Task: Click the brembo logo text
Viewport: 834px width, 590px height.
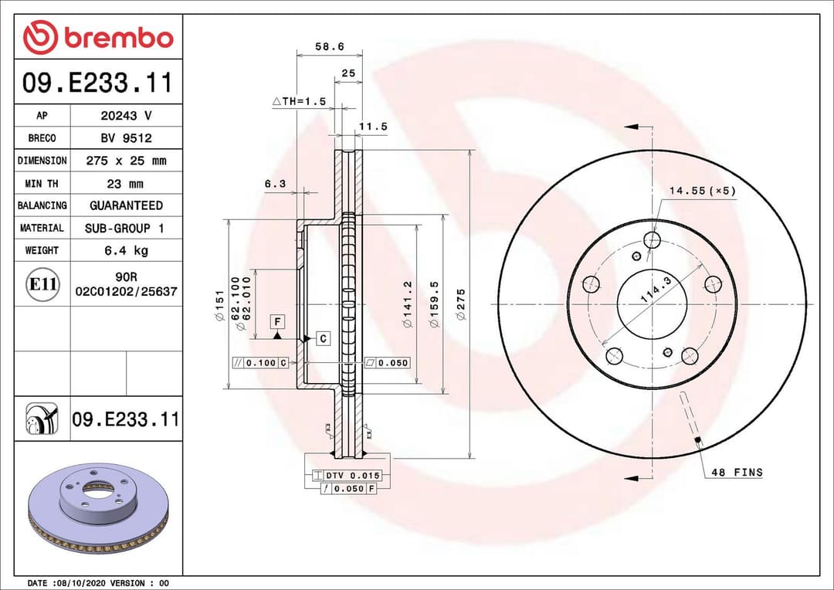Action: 118,37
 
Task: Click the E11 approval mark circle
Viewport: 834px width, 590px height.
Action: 42,284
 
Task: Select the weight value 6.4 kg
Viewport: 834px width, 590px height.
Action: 126,250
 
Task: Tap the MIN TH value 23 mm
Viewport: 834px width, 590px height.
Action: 126,184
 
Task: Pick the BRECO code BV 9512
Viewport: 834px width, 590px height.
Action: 126,138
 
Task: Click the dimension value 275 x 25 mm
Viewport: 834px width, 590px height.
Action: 126,161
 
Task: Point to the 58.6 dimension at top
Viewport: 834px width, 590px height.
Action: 329,46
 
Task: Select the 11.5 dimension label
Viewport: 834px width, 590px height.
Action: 373,127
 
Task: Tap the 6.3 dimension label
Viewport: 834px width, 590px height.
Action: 275,184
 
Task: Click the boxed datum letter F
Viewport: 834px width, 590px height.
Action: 276,320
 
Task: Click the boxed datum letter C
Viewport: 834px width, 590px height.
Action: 323,338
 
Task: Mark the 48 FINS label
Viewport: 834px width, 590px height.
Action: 736,472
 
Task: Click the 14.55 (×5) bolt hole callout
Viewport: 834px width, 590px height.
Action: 702,191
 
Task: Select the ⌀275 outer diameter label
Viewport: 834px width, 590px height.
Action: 461,302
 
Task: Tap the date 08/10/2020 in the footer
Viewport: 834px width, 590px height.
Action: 81,583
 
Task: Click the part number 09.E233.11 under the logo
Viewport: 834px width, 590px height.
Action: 97,82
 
